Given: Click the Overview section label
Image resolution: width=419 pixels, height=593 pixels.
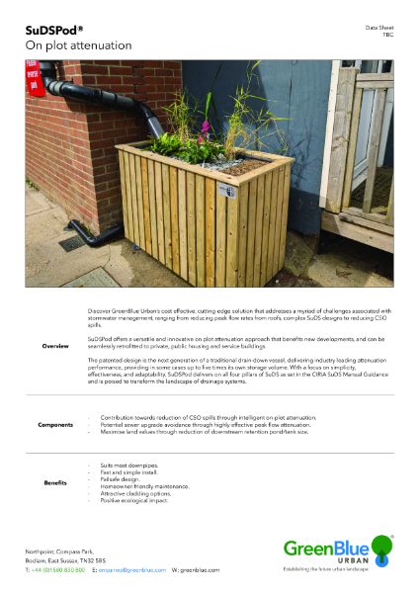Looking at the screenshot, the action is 55,347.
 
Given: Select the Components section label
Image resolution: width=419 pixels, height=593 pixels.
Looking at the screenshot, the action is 55,425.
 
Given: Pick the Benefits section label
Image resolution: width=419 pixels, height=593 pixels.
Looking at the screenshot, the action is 55,482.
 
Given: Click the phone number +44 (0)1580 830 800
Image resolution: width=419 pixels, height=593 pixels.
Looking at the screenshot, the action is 58,571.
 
